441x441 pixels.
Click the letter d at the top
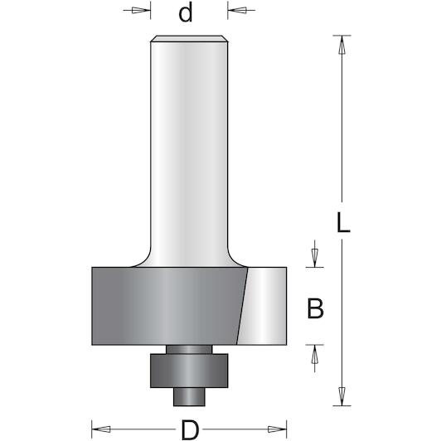[x=186, y=12]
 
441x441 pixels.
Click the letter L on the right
[x=343, y=222]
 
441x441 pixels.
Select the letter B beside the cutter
[x=315, y=308]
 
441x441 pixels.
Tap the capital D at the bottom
[x=190, y=429]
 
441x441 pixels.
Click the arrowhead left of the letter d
[x=141, y=11]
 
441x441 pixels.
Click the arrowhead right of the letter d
[x=237, y=11]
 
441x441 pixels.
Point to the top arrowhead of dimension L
[x=342, y=45]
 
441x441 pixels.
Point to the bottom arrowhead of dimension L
[x=342, y=396]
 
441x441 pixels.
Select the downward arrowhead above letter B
[x=315, y=258]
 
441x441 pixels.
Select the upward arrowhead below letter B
[x=315, y=354]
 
